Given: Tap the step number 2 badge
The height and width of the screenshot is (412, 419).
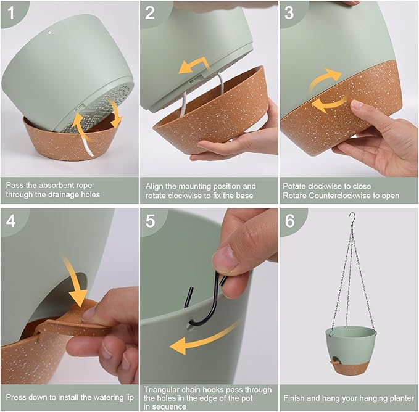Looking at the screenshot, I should [x=150, y=13].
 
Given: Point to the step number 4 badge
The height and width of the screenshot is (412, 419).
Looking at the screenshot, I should [x=11, y=220].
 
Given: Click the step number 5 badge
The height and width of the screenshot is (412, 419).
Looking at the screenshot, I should [x=150, y=220].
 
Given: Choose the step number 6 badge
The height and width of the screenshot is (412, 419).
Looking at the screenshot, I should [x=289, y=220].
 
